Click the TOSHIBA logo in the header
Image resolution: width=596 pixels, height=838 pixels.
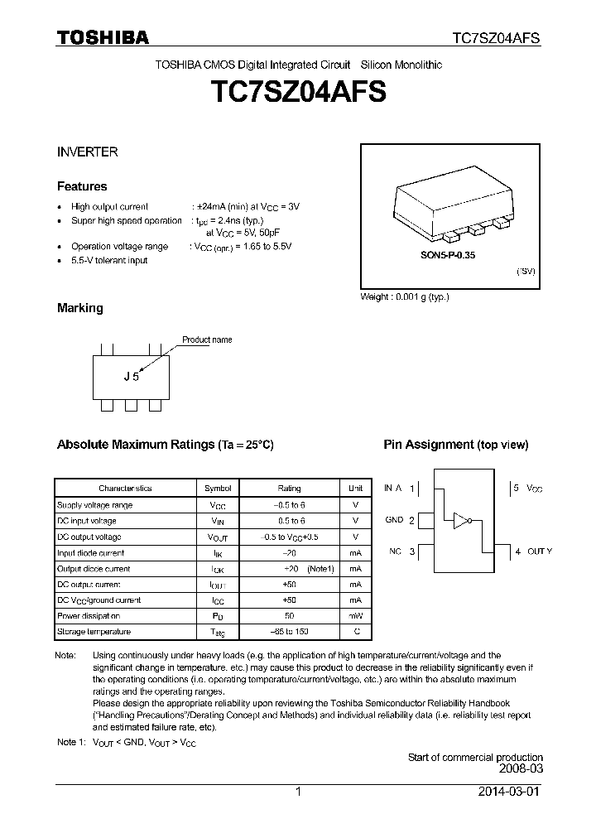point(102,37)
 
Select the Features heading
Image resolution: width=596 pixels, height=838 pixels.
point(82,186)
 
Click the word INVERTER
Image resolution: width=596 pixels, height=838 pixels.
point(87,152)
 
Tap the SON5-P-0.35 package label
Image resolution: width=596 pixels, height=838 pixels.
point(447,256)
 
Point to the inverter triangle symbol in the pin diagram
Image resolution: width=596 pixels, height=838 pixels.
point(459,520)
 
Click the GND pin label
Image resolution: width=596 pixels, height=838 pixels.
point(394,520)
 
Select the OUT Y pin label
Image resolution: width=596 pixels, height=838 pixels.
point(539,551)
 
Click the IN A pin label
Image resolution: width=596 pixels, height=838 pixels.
point(393,489)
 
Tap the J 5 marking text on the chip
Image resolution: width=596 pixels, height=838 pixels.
point(131,376)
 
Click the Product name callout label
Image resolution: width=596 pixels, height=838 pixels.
point(207,340)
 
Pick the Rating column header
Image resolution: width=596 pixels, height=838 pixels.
point(289,489)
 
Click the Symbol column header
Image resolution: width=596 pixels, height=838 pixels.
point(218,489)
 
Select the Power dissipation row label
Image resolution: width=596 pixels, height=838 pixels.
point(89,616)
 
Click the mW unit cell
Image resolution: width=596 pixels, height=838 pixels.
point(355,616)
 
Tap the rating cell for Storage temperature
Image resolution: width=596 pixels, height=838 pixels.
point(289,632)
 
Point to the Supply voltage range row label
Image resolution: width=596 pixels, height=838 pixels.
point(94,505)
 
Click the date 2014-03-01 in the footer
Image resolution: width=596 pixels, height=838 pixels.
point(509,792)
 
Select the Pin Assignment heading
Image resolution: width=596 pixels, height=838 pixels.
point(455,445)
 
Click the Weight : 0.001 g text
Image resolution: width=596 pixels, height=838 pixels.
point(405,296)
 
